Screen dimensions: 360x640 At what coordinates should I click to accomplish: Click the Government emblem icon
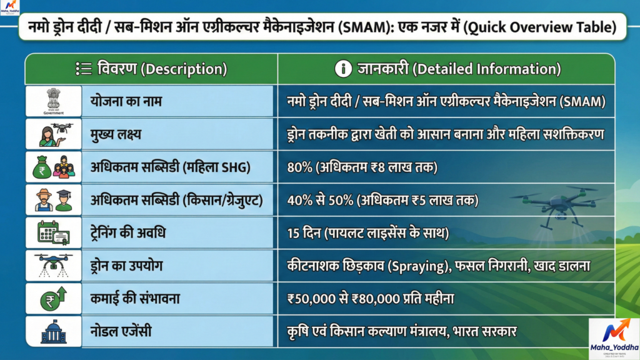54,100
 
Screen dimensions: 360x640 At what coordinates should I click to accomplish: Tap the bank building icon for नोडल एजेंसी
54,331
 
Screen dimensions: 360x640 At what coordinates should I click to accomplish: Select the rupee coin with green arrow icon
54,298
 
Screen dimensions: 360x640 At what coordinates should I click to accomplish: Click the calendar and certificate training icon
54,234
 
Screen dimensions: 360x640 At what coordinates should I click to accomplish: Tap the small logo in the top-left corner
10,8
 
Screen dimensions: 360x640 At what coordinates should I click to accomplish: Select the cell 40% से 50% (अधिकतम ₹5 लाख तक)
381,201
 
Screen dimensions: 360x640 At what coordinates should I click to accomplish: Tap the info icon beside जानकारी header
343,69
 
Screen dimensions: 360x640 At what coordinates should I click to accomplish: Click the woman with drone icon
54,134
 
